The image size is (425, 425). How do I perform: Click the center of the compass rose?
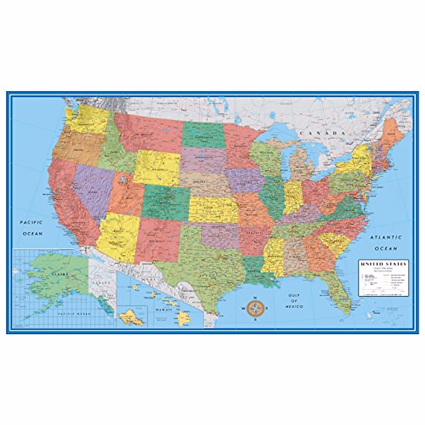point(255,308)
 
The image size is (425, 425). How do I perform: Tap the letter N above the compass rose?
point(255,297)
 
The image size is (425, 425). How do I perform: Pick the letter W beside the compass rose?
point(243,308)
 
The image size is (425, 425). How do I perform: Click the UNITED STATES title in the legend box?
point(384,264)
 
